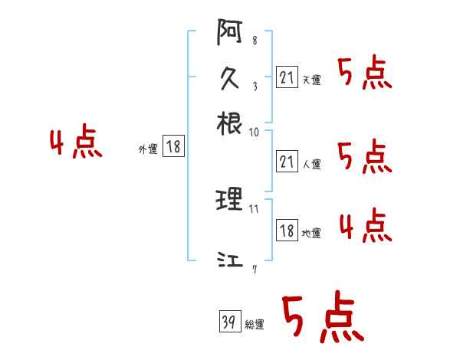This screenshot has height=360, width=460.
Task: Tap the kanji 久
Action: (x=230, y=79)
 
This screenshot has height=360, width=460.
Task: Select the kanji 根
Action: (x=230, y=123)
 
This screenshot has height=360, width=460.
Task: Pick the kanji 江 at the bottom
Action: (x=230, y=261)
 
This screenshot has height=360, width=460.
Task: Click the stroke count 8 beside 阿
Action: (x=254, y=40)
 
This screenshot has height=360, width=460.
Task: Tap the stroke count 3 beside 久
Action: (x=254, y=86)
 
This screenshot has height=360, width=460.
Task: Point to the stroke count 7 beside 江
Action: (x=255, y=268)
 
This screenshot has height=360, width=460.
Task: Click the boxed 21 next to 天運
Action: (x=287, y=77)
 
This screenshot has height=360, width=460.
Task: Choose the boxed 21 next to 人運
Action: (x=287, y=161)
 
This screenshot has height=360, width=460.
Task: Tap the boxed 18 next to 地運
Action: (x=287, y=230)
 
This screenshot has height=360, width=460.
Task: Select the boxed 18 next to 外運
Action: (x=174, y=146)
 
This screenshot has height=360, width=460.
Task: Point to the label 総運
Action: (x=255, y=324)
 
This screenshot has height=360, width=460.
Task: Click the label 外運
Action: (x=148, y=149)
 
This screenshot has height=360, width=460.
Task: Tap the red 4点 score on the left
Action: (x=76, y=144)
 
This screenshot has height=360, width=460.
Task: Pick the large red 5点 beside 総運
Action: (x=321, y=319)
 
